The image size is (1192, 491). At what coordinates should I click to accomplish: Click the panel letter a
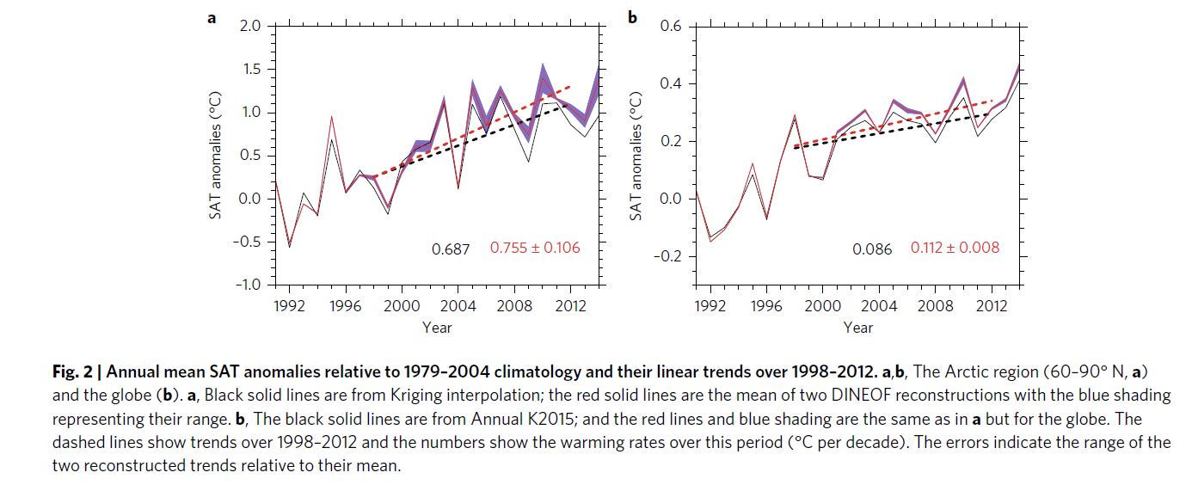point(212,16)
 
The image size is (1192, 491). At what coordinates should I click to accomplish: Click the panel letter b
point(633,16)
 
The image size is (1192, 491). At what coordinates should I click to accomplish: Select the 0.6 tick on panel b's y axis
point(671,27)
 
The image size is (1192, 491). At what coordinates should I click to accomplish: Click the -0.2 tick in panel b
point(667,256)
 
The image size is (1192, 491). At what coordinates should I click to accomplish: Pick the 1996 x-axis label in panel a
point(346,304)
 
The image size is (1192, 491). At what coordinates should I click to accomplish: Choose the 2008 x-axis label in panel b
point(936,304)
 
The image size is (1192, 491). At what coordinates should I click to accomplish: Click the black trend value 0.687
point(451,249)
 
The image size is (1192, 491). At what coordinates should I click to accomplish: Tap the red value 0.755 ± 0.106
point(535,248)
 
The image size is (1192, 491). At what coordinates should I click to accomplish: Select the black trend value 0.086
point(872,249)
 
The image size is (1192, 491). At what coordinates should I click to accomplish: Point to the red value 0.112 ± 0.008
point(955,248)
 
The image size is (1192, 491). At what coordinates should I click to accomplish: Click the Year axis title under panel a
point(437,327)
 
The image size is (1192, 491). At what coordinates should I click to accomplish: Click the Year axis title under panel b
point(858,327)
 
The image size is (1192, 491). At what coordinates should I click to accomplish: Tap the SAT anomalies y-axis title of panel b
point(637,153)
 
